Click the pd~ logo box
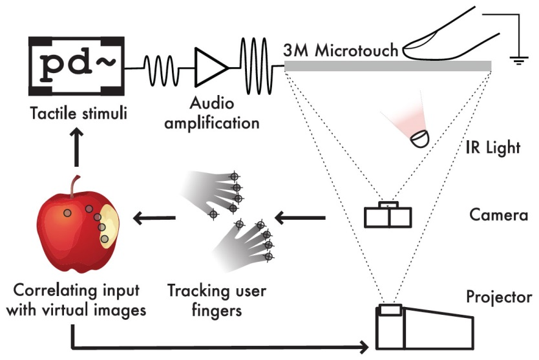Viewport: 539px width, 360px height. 76,66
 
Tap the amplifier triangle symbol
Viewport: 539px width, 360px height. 211,67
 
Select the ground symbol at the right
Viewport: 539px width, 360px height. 519,61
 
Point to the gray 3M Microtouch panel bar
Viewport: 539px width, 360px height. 388,66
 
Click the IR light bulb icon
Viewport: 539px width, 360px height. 420,139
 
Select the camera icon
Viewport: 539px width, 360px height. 388,215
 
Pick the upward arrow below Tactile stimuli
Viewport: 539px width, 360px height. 77,147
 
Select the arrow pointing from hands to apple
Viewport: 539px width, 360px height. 154,218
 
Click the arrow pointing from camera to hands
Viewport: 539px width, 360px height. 300,218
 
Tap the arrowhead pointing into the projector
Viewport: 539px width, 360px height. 365,347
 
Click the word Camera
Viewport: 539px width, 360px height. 498,215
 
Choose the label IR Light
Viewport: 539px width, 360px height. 493,148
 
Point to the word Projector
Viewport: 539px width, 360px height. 499,297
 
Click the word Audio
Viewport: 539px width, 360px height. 212,103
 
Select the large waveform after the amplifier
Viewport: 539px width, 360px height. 256,66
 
